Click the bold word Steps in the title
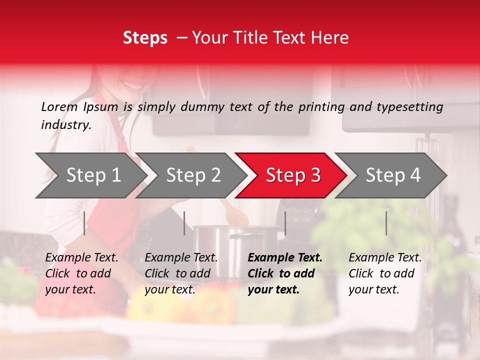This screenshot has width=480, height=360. (145, 38)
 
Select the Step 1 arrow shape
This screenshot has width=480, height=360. (90, 175)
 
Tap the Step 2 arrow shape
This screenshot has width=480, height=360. (190, 175)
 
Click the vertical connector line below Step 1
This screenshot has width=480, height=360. (84, 223)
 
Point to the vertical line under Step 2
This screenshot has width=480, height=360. (184, 223)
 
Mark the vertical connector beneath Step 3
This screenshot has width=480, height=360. (285, 223)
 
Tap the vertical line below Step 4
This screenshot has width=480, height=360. (386, 223)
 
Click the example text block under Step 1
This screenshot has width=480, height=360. (81, 273)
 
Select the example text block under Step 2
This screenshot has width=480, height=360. (181, 273)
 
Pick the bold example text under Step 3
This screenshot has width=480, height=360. (285, 273)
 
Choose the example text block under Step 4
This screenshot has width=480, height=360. (385, 273)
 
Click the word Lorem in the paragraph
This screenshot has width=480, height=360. (59, 106)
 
